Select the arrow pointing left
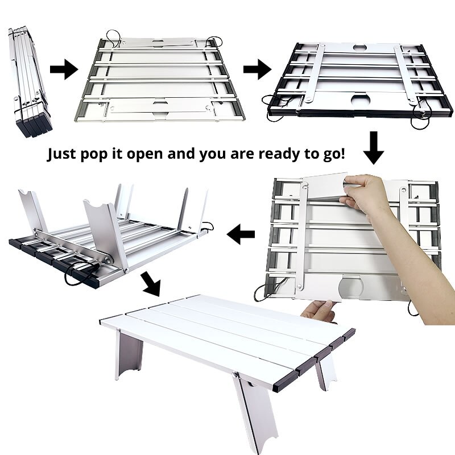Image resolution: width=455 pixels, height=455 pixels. pyautogui.click(x=241, y=231)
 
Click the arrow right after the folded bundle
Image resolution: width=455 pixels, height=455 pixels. pyautogui.click(x=63, y=71)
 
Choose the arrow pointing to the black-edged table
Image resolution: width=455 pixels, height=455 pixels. pyautogui.click(x=257, y=71)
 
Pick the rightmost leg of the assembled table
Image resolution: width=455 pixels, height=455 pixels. pyautogui.click(x=326, y=370)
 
